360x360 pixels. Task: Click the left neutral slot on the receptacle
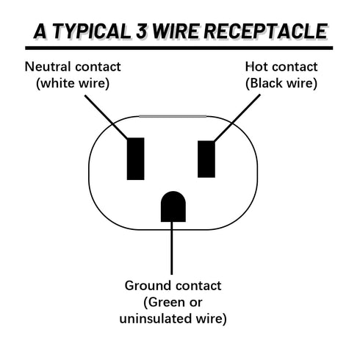[x=135, y=158]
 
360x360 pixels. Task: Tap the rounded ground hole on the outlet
[x=172, y=206]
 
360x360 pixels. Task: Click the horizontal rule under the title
[x=179, y=48]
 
